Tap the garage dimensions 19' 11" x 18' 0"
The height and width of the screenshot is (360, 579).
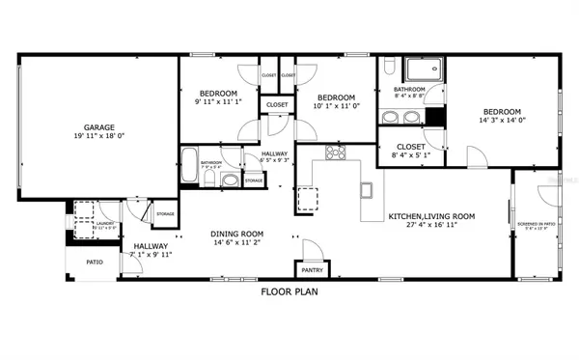[98, 136]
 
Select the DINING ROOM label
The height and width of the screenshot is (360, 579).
[237, 234]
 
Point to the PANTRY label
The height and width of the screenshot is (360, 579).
[312, 271]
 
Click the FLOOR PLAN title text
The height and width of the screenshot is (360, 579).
[289, 291]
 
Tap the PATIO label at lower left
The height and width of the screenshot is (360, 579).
[94, 262]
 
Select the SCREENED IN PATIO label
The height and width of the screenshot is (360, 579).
[536, 224]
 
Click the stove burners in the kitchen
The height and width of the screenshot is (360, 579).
[336, 152]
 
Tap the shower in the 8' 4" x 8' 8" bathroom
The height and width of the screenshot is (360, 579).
[421, 70]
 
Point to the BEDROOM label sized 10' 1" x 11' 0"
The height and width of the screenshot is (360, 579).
[337, 97]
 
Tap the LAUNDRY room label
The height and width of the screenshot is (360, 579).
[106, 222]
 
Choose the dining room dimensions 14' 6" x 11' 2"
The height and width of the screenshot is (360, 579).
[237, 243]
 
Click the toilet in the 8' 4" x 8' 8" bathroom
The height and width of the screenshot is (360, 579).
[389, 68]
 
